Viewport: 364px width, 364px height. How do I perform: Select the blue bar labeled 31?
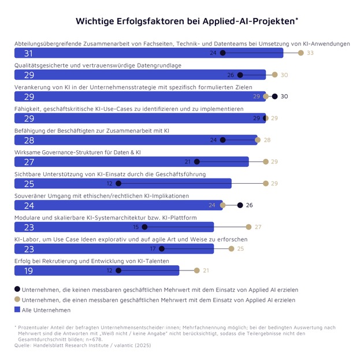click(x=148, y=53)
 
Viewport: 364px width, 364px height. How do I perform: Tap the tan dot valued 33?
click(x=300, y=53)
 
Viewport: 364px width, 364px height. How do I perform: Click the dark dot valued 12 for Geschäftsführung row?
click(x=118, y=183)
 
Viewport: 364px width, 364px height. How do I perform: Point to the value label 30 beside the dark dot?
click(x=284, y=96)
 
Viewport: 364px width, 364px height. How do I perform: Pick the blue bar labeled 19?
click(x=96, y=270)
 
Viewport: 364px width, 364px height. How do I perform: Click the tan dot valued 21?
click(x=196, y=270)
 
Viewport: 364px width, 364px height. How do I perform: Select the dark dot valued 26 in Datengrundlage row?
click(x=240, y=75)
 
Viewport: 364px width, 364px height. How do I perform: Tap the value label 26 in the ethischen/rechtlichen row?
click(x=249, y=205)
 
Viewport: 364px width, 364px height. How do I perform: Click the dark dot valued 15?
click(x=144, y=226)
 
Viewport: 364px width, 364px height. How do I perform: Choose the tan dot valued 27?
click(x=248, y=226)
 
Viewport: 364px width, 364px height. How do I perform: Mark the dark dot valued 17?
click(x=162, y=248)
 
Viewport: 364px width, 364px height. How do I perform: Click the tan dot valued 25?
click(x=231, y=248)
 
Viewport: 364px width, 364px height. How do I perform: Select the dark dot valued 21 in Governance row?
click(x=196, y=162)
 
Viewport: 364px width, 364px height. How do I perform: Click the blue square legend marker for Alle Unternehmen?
click(x=17, y=310)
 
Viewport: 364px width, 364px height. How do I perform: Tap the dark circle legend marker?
click(x=17, y=289)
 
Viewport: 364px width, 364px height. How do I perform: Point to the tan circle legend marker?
click(x=17, y=299)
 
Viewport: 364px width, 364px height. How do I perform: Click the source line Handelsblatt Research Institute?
click(x=84, y=344)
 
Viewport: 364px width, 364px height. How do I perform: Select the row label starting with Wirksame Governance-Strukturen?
click(x=77, y=152)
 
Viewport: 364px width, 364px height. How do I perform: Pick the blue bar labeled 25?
click(x=122, y=183)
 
